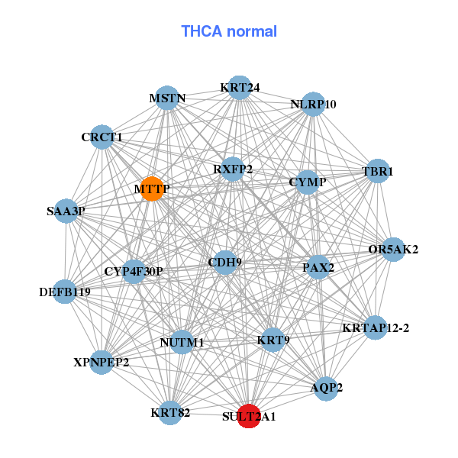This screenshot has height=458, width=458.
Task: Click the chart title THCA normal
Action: click(229, 31)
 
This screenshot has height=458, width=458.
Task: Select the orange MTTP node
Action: click(153, 189)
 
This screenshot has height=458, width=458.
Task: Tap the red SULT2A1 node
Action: click(249, 416)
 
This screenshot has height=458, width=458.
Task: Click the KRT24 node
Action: click(240, 88)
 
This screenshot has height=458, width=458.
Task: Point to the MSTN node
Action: click(167, 98)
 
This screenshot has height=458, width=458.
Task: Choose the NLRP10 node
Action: click(313, 105)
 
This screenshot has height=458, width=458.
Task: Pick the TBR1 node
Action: click(377, 173)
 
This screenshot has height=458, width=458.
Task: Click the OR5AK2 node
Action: click(392, 250)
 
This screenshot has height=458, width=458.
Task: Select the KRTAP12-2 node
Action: click(376, 328)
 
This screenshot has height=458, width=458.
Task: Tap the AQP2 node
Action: click(327, 388)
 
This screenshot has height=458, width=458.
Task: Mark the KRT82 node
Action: click(170, 413)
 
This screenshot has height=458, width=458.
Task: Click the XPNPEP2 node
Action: click(102, 362)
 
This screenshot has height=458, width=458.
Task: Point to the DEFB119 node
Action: click(64, 292)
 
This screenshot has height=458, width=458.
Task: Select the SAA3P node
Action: click(66, 211)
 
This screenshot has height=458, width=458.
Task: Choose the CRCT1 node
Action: click(102, 137)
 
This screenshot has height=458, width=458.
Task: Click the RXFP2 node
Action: click(233, 169)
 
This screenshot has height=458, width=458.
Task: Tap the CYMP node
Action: click(307, 182)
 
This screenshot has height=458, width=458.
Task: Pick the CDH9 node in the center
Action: click(224, 263)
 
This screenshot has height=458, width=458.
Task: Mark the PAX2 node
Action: click(318, 268)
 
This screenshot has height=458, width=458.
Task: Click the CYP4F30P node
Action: click(134, 272)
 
